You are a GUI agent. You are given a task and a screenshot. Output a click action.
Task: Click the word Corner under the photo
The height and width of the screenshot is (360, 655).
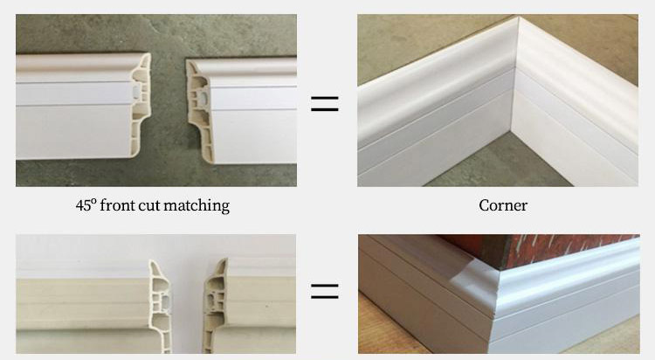[x=503, y=205]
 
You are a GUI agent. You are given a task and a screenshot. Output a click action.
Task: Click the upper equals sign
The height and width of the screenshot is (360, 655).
[x=325, y=104]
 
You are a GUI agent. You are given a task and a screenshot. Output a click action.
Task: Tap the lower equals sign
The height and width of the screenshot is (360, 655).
[x=325, y=291]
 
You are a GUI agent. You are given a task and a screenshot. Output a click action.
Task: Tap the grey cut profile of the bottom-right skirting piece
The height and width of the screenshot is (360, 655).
[x=214, y=308]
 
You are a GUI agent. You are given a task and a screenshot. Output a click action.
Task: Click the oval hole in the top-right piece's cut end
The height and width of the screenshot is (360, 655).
[x=203, y=99]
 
